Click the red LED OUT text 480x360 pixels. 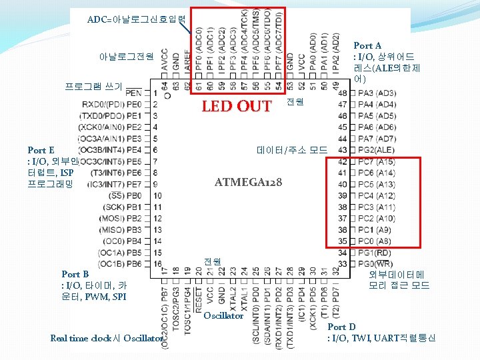pos(237,106)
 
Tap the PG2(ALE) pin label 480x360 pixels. pos(376,149)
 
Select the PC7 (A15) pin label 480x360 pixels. pos(376,161)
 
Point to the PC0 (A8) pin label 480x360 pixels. pos(375,241)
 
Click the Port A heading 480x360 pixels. pos(367,45)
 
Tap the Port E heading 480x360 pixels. pos(41,151)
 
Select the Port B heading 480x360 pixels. pos(75,274)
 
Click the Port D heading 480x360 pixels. pos(341,327)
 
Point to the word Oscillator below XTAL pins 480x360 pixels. pos(223,315)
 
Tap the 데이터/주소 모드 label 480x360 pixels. pos(292,151)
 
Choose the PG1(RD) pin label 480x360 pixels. pos(374,253)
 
